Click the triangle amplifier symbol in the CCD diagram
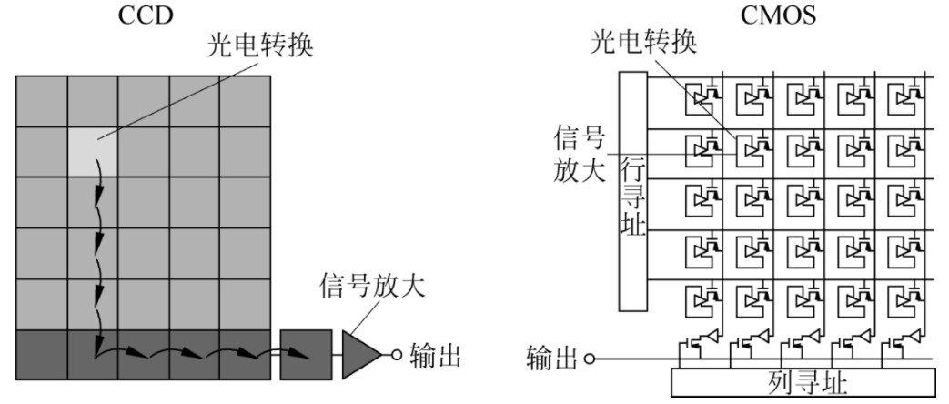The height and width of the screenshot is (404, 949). pos(361,353)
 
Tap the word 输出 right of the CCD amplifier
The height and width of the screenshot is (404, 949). pos(435,354)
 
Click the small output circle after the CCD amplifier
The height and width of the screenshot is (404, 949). pos(396,354)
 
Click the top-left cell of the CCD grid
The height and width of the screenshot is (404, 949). pos(42,99)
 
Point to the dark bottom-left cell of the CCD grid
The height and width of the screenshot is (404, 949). pos(42,353)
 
